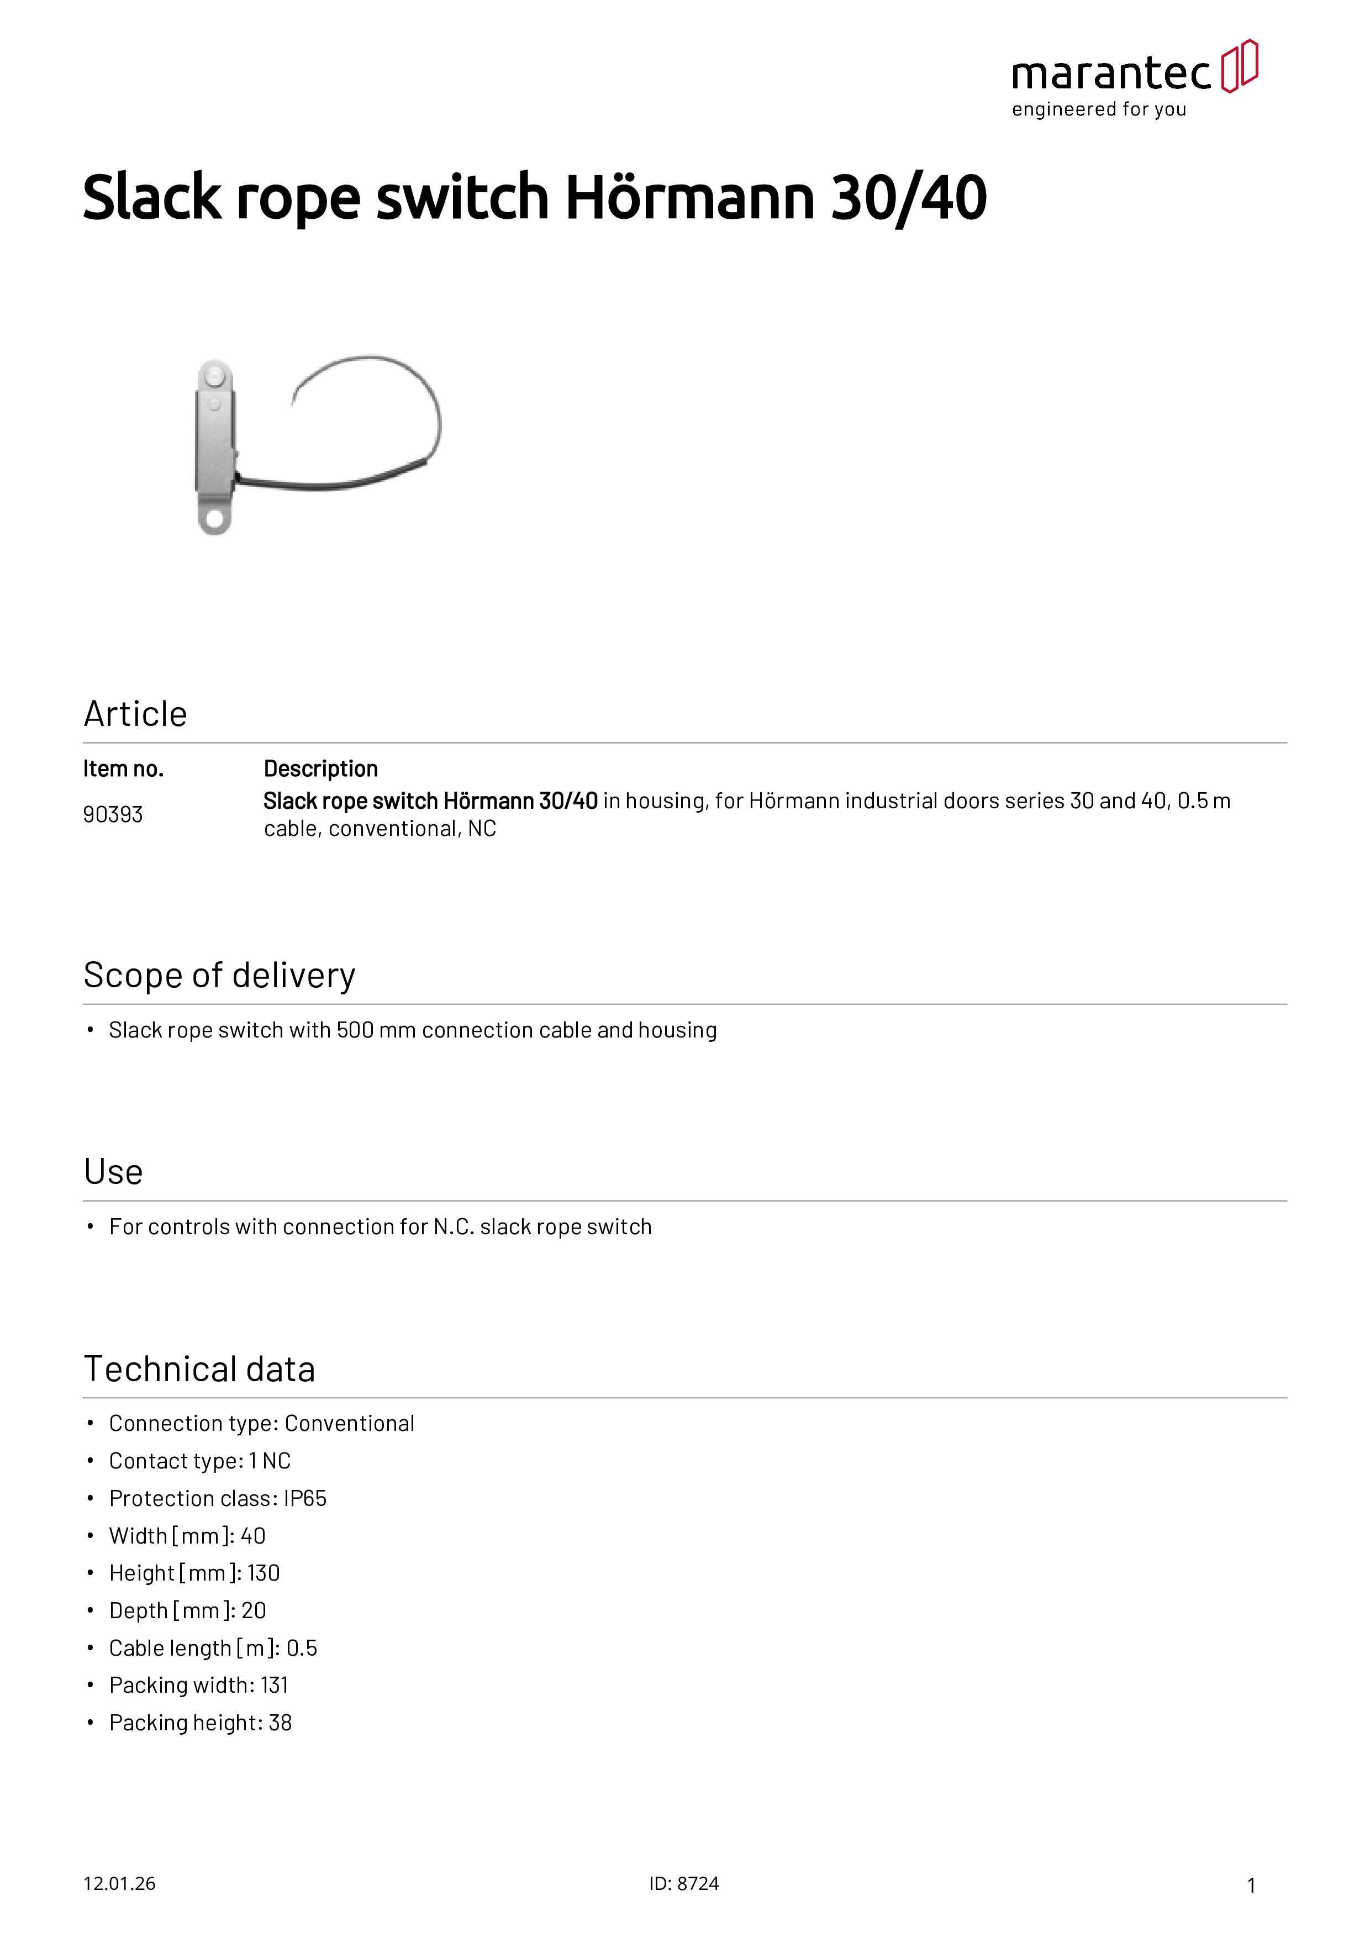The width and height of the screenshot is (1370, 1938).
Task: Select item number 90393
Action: click(x=112, y=814)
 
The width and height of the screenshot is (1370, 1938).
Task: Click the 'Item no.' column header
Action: click(x=123, y=769)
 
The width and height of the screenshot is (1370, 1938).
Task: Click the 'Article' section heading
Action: click(x=135, y=714)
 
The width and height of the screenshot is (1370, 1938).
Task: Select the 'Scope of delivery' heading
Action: click(x=219, y=976)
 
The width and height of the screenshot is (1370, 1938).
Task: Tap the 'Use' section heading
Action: click(x=113, y=1172)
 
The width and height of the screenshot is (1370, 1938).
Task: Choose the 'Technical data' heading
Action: click(x=199, y=1369)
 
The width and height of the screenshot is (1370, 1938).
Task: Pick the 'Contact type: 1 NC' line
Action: click(x=200, y=1461)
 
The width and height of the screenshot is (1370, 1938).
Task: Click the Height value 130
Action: click(x=264, y=1573)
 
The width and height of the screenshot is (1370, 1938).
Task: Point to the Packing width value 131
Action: click(x=275, y=1686)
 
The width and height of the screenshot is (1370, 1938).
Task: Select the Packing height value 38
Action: click(x=280, y=1723)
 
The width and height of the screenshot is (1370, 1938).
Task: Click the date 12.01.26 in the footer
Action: click(x=119, y=1884)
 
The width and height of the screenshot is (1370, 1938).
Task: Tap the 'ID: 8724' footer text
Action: click(x=684, y=1884)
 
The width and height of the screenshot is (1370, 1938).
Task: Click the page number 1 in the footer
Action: click(x=1251, y=1886)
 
